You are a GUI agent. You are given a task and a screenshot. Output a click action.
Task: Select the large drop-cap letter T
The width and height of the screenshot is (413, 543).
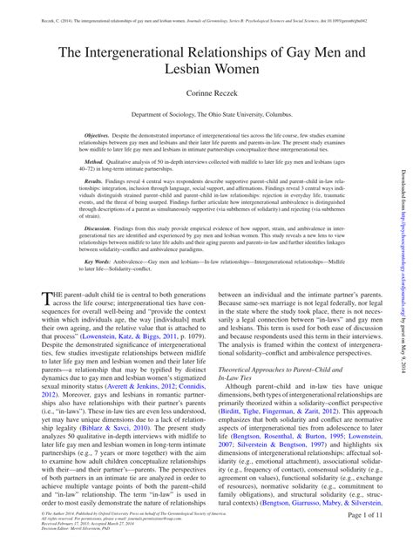(x=48, y=298)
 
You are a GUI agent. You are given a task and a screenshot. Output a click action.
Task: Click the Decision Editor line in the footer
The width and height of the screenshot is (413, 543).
(x=74, y=529)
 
